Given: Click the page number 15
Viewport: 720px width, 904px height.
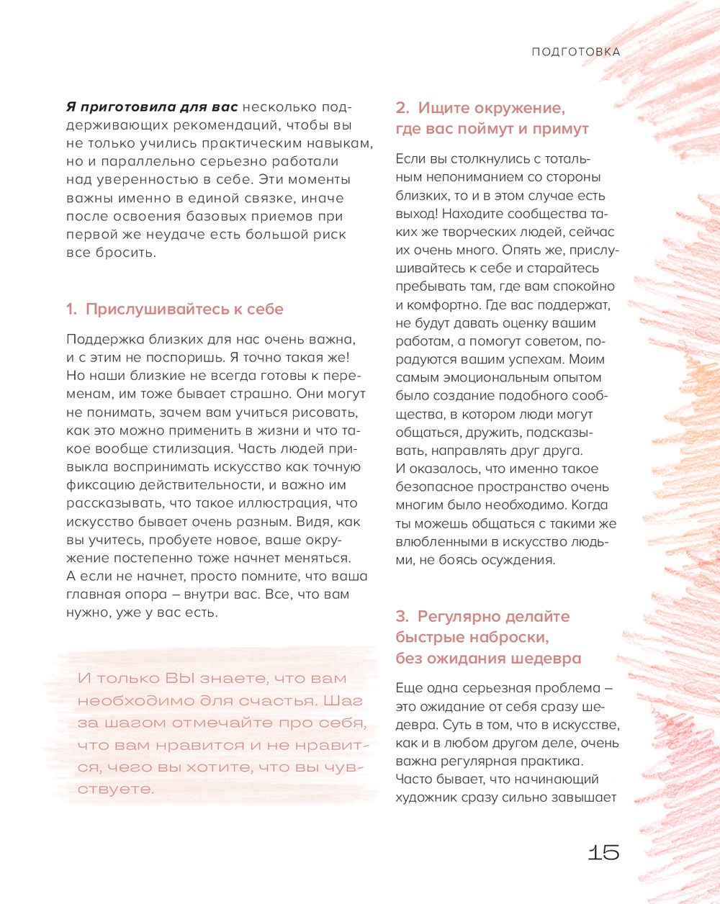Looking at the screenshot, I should click(603, 852).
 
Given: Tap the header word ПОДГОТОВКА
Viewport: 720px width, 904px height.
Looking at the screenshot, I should click(575, 52).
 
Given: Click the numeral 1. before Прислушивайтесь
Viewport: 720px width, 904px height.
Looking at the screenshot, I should click(71, 309).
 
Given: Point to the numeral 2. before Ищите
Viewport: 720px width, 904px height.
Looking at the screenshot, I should click(402, 108).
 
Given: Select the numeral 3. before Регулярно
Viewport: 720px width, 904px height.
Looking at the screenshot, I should click(402, 617).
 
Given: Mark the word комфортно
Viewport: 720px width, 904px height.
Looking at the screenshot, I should click(443, 304).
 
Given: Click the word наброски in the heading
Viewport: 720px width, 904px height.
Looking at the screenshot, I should click(512, 638).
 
